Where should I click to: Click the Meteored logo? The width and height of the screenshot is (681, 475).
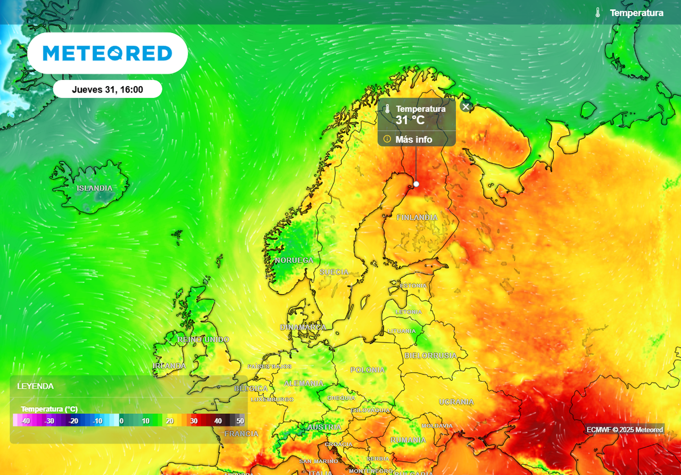(x=107, y=53)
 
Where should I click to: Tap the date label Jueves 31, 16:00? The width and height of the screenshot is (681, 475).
(x=107, y=89)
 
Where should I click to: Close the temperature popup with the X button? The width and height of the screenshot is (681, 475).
(x=466, y=106)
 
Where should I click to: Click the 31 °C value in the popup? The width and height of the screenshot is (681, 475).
(x=410, y=120)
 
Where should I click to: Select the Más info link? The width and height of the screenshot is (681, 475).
(x=413, y=139)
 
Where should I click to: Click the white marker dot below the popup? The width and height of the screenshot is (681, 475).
(x=416, y=184)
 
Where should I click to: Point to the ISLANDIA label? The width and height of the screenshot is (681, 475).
(x=95, y=188)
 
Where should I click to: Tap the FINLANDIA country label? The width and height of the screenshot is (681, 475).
(x=417, y=218)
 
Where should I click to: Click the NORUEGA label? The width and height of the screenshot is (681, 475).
(x=294, y=260)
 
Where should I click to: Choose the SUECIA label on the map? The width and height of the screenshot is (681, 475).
(x=334, y=272)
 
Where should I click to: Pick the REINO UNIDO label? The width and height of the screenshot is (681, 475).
(x=203, y=339)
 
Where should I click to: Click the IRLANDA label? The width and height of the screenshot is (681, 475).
(x=169, y=366)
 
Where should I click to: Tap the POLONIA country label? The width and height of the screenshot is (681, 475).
(x=367, y=370)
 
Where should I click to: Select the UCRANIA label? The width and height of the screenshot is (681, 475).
(x=456, y=402)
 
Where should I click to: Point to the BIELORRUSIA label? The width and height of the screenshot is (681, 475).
(x=430, y=355)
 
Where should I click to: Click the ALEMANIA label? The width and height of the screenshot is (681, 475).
(x=304, y=383)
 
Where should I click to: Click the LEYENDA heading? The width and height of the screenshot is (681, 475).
(x=35, y=386)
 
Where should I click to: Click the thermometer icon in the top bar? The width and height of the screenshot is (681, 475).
(x=597, y=13)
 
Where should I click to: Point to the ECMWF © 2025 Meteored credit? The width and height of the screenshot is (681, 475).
(x=625, y=429)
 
